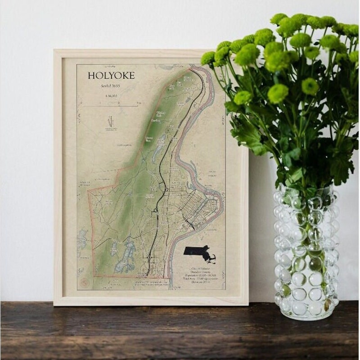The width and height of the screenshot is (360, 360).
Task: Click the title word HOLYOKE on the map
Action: pyautogui.click(x=111, y=75)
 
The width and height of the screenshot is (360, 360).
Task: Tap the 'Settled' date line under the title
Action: pyautogui.click(x=111, y=86)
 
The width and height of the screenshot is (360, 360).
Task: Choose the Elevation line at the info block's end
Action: pyautogui.click(x=198, y=283)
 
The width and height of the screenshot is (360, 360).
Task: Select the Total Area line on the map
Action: pyautogui.click(x=198, y=279)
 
